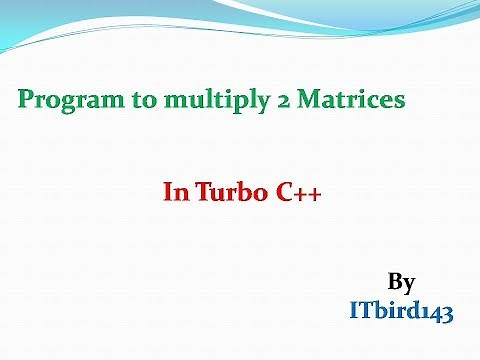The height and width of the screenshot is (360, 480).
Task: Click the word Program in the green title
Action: (62, 100)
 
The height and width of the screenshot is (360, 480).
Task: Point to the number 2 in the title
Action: (255, 100)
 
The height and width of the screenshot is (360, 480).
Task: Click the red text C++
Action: (295, 193)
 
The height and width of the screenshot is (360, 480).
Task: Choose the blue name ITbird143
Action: (401, 312)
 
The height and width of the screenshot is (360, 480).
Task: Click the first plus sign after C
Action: (298, 194)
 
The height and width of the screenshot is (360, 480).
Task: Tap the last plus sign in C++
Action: (314, 194)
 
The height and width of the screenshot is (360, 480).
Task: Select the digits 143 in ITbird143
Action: (437, 312)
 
